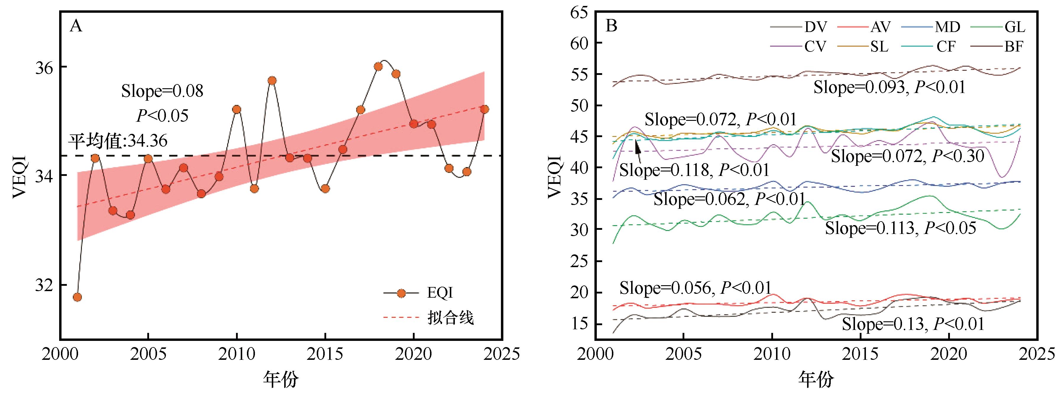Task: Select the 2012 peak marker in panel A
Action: point(272,81)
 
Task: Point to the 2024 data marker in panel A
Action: point(485,109)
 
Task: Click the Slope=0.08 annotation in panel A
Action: point(162,91)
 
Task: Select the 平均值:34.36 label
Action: point(118,141)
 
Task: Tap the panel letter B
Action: point(611,26)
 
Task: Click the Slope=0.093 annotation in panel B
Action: point(889,88)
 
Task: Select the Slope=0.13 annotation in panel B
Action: point(913,324)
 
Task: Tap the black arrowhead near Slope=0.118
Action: point(637,145)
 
